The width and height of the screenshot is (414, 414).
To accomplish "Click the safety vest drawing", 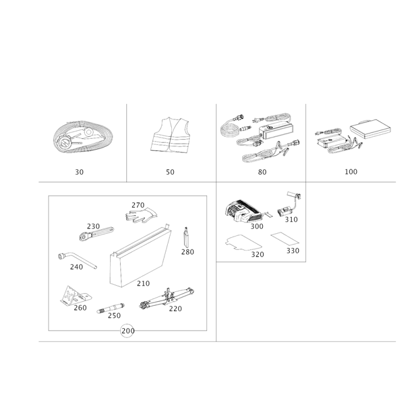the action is (170, 135).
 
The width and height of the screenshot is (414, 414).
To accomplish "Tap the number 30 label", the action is (79, 172).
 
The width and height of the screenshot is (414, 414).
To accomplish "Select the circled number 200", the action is (128, 331).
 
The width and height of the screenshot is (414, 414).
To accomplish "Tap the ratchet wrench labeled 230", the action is (96, 233).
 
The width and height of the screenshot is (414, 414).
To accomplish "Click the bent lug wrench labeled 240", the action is (77, 260).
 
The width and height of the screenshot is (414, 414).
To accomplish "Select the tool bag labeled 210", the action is (140, 256).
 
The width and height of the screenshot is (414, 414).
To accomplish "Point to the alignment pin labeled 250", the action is (111, 308).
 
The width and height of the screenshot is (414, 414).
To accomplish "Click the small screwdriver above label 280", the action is (186, 237).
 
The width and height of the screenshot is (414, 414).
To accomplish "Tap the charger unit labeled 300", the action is (243, 211).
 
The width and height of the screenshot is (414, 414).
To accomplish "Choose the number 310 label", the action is (291, 219).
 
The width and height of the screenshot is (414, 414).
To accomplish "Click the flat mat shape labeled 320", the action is (243, 242).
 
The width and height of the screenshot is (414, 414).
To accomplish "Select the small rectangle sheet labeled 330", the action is (285, 239).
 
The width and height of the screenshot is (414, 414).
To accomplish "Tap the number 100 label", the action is (351, 172).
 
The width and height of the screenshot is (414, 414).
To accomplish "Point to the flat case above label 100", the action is (370, 129).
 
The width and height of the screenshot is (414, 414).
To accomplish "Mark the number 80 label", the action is (262, 172).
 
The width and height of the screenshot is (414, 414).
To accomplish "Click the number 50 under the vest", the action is (170, 172).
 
